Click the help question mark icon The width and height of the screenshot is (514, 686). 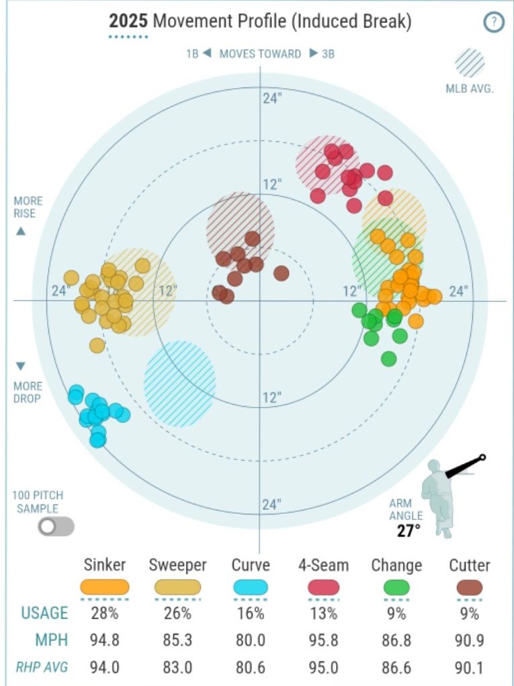493,22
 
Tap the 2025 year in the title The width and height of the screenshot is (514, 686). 128,21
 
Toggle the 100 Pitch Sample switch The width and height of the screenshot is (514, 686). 56,526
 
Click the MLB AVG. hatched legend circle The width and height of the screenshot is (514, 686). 470,64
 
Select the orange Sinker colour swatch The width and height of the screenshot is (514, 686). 105,587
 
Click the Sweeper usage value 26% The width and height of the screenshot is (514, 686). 178,613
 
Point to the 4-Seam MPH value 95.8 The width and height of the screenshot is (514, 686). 323,640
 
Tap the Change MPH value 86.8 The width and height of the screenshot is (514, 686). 396,640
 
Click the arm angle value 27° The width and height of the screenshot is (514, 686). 407,530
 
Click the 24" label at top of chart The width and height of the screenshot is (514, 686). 271,98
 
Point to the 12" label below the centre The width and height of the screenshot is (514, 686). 271,397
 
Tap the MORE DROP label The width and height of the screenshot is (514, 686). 28,392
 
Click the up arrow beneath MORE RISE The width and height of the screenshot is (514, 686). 20,231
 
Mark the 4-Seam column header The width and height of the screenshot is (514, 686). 323,565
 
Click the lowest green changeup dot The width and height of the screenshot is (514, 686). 388,358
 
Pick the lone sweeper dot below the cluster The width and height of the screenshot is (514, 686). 97,345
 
